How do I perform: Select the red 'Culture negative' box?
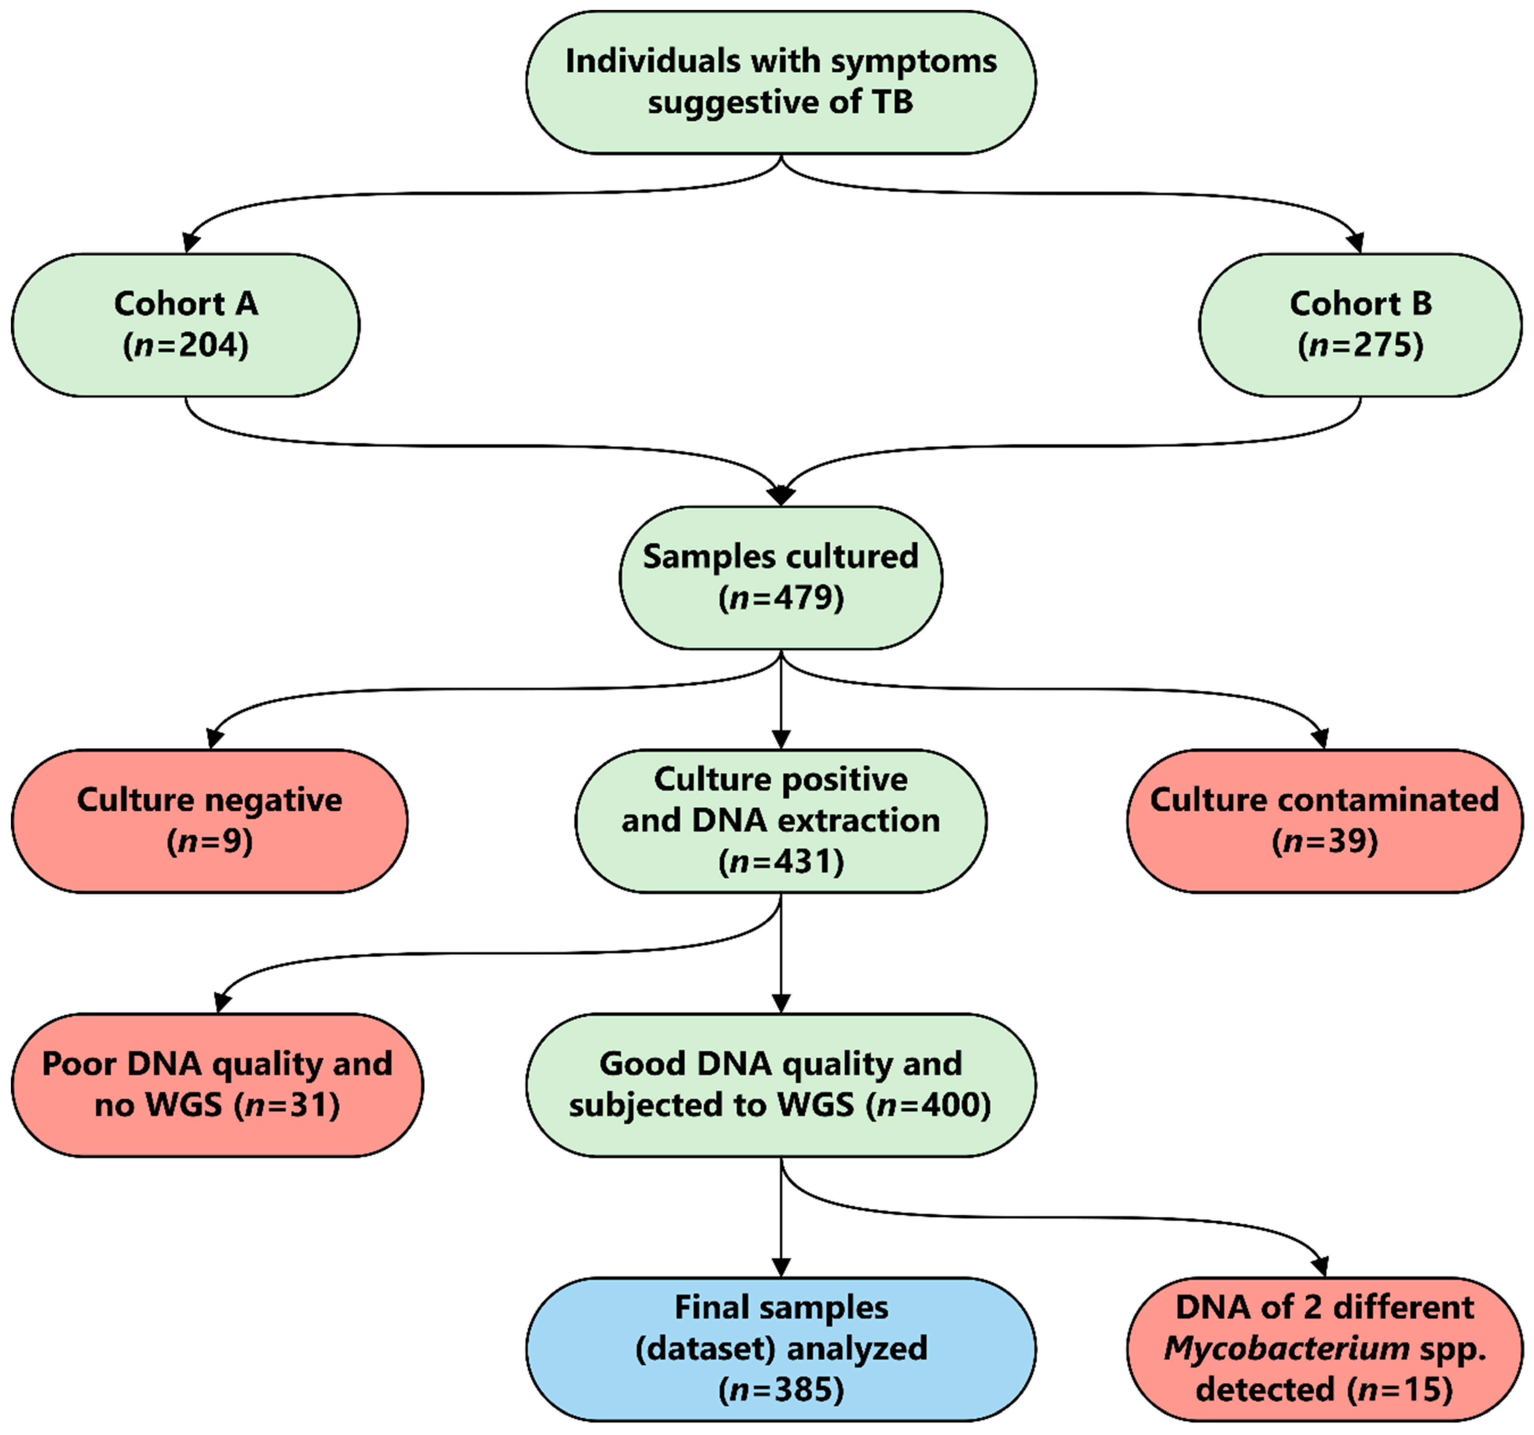pos(209,820)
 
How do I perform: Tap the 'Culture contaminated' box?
pos(1324,820)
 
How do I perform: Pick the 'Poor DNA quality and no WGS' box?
pos(217,1085)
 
